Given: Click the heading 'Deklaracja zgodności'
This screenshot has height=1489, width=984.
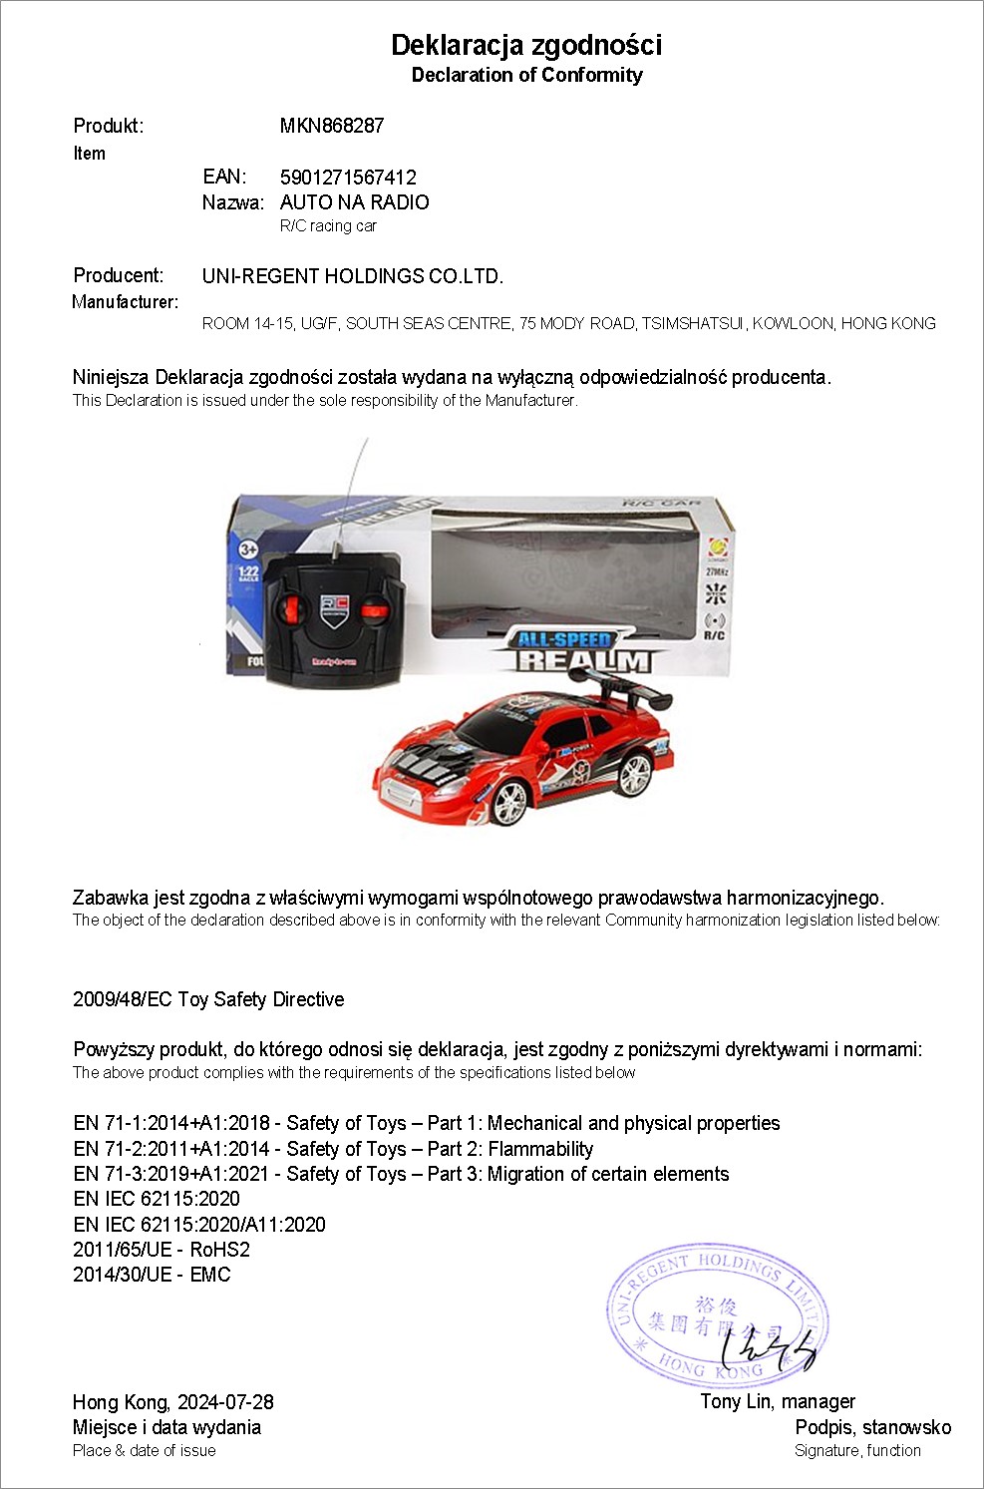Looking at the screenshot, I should pos(526,45).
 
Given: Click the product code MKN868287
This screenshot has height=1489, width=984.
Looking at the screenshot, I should pos(331,126).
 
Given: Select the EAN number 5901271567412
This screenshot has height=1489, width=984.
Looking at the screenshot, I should pos(348,178).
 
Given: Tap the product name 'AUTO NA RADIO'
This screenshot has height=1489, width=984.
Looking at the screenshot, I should pos(354,202).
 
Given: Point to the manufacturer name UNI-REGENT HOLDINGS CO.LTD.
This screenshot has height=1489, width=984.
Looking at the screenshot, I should pos(352,276).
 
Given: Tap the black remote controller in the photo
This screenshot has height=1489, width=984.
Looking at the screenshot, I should pos(334,616).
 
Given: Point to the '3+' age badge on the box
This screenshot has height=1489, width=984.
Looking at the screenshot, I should pos(248,549).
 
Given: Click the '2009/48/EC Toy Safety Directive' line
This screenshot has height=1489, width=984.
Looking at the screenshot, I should pos(208,999).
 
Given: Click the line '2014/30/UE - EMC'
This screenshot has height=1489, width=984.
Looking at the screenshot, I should pos(152,1275).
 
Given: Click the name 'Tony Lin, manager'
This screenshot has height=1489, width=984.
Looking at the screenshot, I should pos(778,1401).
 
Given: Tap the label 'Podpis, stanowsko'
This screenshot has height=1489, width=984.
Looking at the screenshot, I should pos(872,1427).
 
